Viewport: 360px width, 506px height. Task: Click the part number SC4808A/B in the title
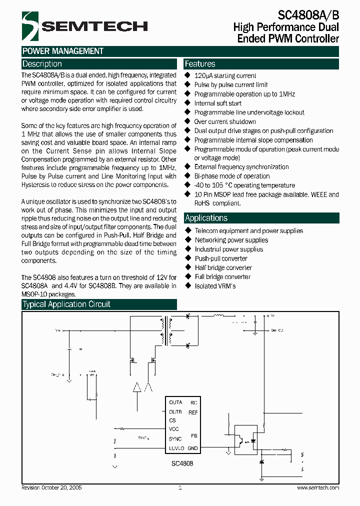(x=307, y=15)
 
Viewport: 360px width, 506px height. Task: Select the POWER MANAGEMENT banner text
(x=63, y=51)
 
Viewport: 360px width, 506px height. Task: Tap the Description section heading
(x=42, y=64)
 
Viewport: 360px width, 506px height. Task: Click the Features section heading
(x=200, y=64)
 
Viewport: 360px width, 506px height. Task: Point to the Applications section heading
(x=206, y=218)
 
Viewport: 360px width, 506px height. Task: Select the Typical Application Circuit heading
(x=66, y=304)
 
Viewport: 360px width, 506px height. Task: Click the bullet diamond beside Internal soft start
(x=188, y=103)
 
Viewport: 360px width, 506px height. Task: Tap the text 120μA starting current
(x=225, y=75)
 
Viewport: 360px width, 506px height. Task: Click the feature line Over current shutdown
(x=225, y=121)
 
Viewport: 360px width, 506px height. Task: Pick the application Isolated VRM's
(x=215, y=286)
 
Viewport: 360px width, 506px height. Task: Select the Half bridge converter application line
(x=223, y=267)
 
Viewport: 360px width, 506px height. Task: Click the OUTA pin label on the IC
(x=175, y=402)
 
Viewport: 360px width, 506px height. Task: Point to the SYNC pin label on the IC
(x=175, y=439)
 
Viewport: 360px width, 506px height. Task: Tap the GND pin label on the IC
(x=193, y=448)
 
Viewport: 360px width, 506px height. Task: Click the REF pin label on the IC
(x=193, y=412)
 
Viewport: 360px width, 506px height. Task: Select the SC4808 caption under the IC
(x=183, y=463)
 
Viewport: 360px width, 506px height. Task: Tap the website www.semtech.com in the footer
(x=318, y=487)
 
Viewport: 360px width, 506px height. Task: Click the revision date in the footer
(x=52, y=487)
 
